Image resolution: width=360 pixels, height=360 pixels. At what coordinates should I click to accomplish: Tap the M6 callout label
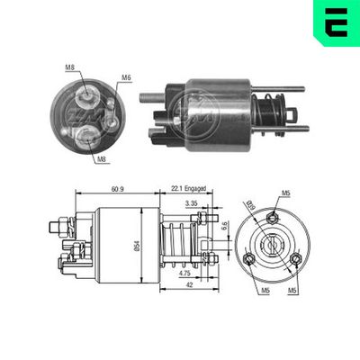point(127,77)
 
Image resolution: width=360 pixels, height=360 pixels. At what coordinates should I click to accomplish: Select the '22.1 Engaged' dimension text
point(187,187)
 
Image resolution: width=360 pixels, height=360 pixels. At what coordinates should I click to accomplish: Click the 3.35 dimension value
point(191,206)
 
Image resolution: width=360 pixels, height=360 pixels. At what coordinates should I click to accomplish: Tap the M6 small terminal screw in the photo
point(110,103)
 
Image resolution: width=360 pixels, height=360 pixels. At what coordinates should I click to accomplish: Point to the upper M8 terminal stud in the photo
point(87,92)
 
